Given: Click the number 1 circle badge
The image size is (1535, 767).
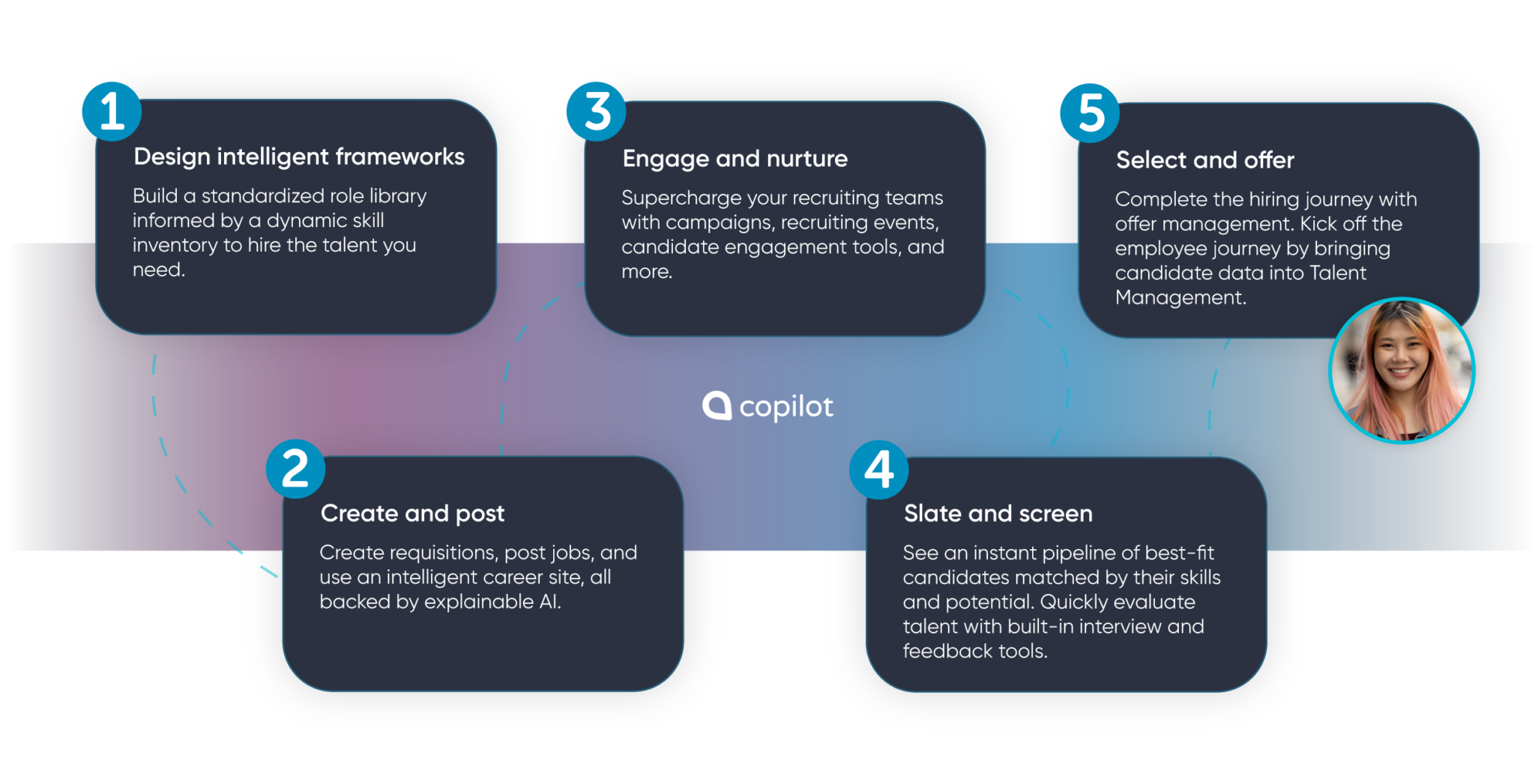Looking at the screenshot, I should click(112, 111).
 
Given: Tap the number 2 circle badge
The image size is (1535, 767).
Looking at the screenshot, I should click(295, 469).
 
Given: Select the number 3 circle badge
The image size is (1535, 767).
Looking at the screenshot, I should click(597, 111).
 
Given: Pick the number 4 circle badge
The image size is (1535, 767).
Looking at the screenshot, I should click(878, 470).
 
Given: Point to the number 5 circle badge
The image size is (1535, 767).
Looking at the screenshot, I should click(1090, 113).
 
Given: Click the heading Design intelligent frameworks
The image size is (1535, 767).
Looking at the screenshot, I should click(299, 157).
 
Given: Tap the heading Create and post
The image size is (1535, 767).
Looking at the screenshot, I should click(412, 513).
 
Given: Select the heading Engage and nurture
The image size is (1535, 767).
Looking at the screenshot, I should click(735, 159).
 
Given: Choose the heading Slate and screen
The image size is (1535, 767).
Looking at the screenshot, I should click(998, 513).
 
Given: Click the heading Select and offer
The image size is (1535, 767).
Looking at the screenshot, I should click(1204, 160).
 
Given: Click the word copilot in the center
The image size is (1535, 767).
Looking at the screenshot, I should click(785, 407).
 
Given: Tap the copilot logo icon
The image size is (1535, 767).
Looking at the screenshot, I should click(717, 405).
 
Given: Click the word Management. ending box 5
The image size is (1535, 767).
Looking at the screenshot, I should click(1180, 297).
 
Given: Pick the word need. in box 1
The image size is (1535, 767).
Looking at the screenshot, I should click(158, 270).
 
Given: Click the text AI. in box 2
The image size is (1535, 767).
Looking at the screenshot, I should click(549, 602).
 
